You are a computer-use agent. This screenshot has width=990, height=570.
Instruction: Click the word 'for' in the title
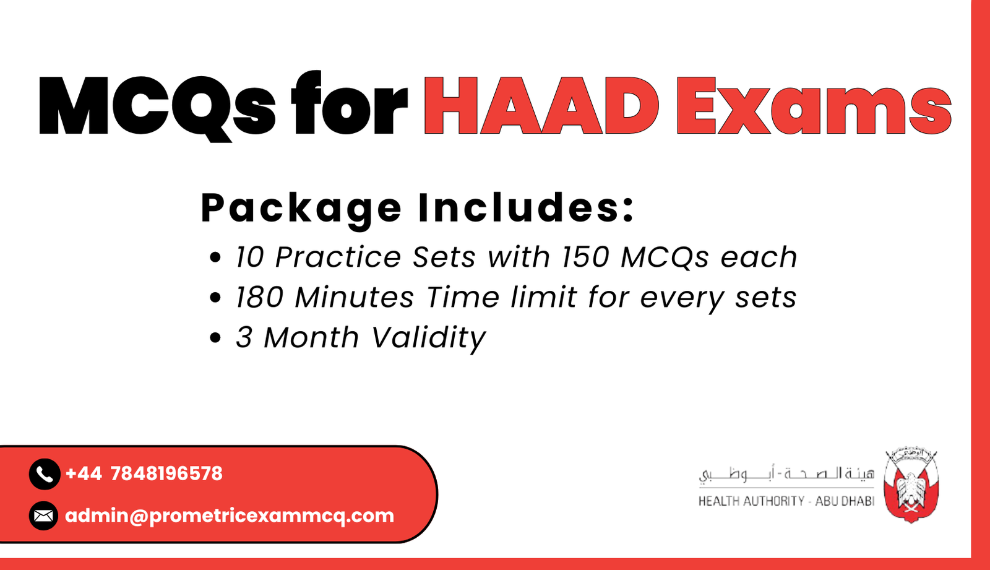[x=350, y=105]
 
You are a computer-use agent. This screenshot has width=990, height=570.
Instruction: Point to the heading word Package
[x=301, y=209]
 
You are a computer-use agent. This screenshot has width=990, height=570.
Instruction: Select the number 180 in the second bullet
[x=260, y=297]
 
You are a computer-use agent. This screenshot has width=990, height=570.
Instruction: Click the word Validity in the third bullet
[x=428, y=339]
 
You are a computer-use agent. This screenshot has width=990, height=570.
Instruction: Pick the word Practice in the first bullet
[x=338, y=257]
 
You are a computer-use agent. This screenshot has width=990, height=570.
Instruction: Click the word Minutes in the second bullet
[x=354, y=297]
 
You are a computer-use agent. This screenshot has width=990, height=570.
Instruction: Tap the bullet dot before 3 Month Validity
[x=215, y=338]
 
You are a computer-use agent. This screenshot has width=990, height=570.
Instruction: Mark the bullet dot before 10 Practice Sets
[x=215, y=257]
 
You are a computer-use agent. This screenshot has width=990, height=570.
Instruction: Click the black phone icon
[x=44, y=474]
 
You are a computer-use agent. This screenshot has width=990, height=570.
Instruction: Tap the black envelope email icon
[x=43, y=516]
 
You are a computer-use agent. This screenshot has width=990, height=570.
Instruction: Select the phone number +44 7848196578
[x=144, y=474]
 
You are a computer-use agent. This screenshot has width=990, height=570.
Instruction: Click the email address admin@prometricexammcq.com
[x=230, y=516]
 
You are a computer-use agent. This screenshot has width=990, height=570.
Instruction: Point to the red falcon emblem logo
[x=911, y=486]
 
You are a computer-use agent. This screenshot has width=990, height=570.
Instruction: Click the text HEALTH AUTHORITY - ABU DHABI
[x=786, y=501]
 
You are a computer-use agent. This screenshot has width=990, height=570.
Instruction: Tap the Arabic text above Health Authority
[x=786, y=475]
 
